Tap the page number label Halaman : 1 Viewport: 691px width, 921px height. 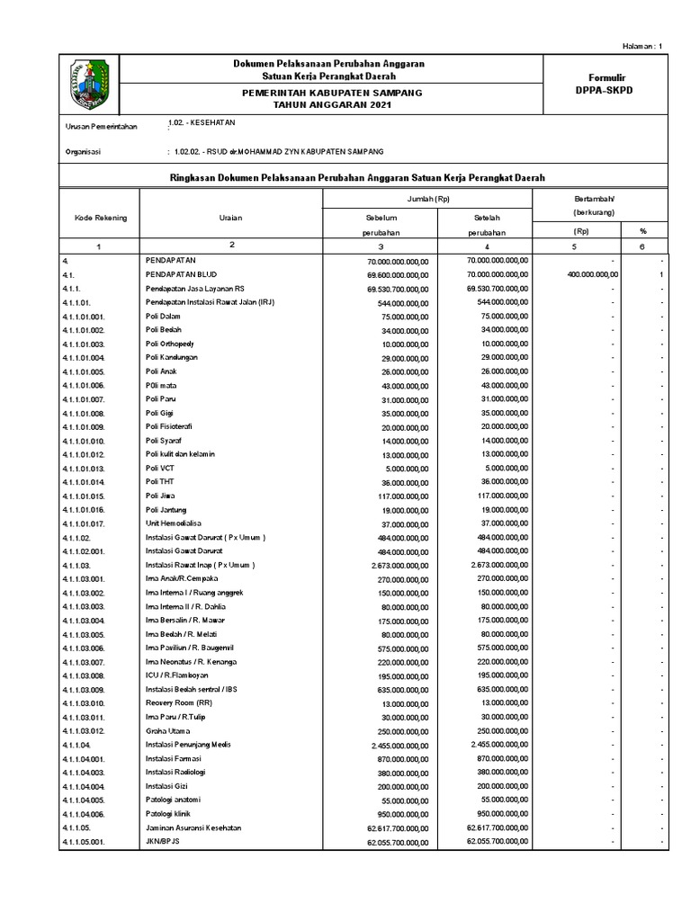(x=642, y=46)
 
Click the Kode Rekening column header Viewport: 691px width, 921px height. (x=100, y=218)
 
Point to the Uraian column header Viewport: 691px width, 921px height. (x=231, y=218)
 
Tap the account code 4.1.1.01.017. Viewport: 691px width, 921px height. (x=85, y=523)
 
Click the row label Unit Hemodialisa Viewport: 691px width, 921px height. (x=177, y=523)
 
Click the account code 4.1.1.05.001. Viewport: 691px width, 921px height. (x=85, y=842)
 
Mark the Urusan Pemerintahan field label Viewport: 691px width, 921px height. (x=103, y=128)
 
